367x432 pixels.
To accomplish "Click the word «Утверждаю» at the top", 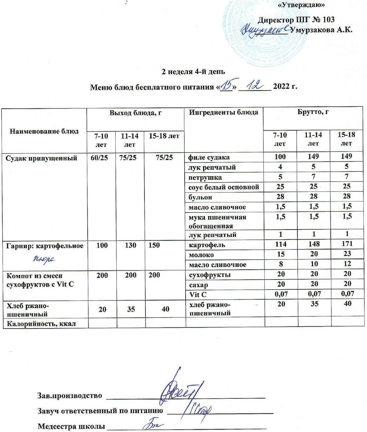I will pos(301,5).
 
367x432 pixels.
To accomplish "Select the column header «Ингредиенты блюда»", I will pos(224,113).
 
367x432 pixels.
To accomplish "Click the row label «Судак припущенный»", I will pos(42,158).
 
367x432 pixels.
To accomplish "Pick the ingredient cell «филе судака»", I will pos(209,157).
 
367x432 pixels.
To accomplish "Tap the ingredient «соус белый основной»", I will pos(224,187).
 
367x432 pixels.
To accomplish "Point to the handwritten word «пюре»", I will pos(44,259).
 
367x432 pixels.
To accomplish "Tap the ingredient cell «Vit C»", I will pos(198,295).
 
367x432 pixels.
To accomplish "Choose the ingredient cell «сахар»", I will pos(199,285).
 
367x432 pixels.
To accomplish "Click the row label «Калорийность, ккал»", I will pos(41,323).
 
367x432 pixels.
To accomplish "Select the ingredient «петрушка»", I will pos(205,177).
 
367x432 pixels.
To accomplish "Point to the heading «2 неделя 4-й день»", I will pos(193,72).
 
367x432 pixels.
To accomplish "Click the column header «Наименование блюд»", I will pos(44,131).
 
